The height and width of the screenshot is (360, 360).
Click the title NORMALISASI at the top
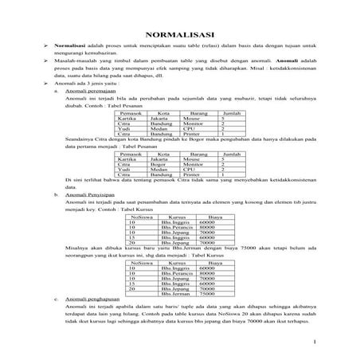coord(179,34)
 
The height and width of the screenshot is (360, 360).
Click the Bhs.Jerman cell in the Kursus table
coord(174,292)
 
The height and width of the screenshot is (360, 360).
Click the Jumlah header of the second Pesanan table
coord(232,151)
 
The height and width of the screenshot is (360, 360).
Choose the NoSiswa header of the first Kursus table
coord(143,215)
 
